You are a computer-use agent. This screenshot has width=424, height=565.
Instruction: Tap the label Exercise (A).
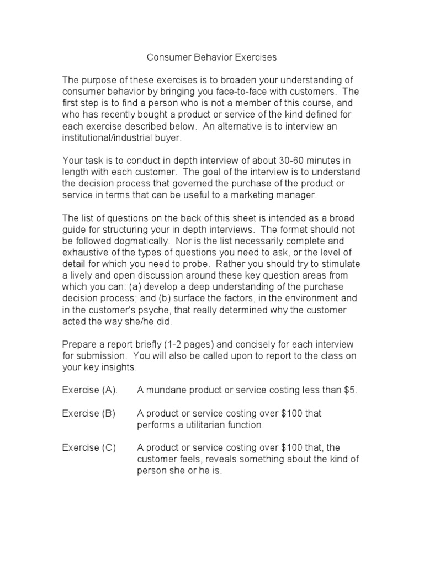click(90, 391)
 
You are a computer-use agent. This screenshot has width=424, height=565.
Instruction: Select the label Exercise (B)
click(89, 414)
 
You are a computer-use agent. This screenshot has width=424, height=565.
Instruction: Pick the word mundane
click(165, 391)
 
